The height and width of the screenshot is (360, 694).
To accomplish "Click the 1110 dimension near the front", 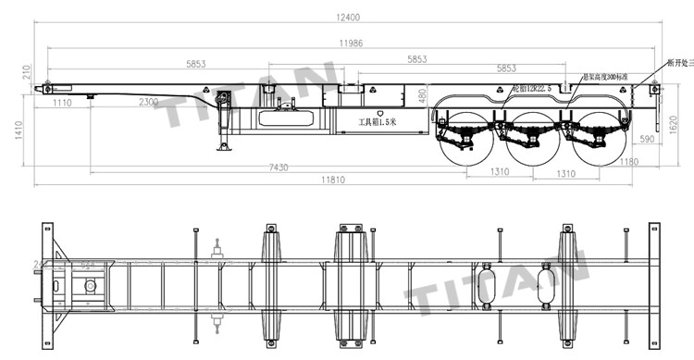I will pos(62,102).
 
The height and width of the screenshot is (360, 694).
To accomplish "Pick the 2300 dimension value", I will pos(148,102).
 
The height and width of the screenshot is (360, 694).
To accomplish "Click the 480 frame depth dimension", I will pos(422,94).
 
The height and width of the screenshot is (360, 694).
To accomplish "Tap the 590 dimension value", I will pos(647,139).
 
